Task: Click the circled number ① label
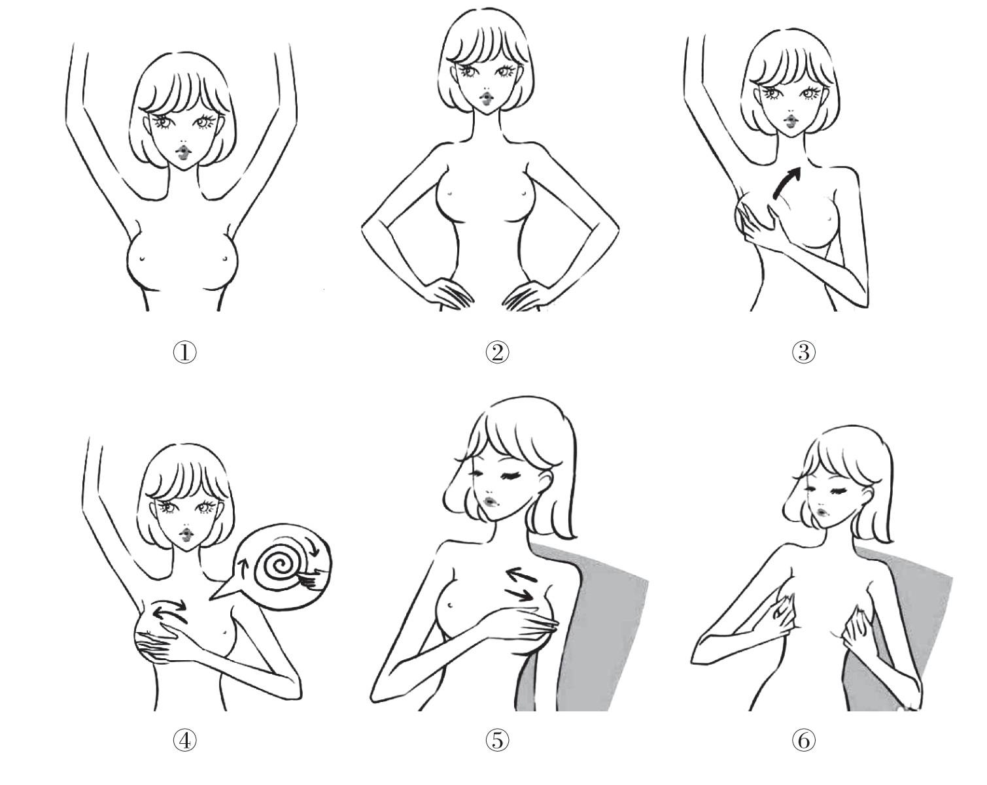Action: coord(185,352)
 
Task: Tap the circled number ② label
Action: coord(497,352)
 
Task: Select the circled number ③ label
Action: coord(804,352)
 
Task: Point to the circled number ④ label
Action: coord(185,741)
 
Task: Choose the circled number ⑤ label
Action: coord(497,741)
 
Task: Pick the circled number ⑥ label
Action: coord(804,741)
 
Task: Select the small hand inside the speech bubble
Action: coord(312,578)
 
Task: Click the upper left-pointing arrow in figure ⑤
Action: coord(521,575)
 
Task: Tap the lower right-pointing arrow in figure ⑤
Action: coord(519,594)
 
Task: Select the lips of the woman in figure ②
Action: coord(486,99)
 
